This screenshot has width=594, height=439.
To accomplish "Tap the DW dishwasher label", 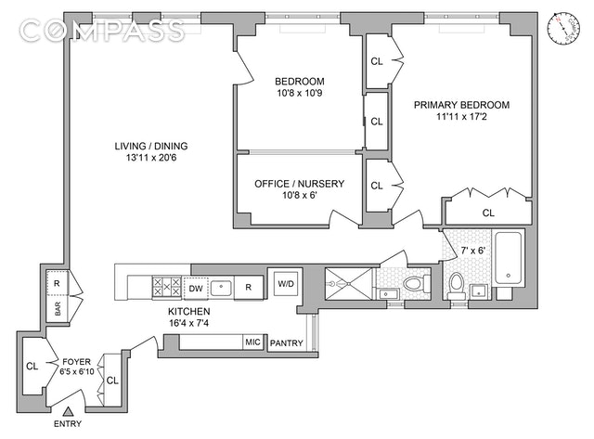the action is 195,287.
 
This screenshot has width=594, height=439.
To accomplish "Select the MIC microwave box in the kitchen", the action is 252,342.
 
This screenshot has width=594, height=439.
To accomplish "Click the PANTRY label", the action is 286,343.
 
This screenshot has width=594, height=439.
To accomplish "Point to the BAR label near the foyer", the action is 57,312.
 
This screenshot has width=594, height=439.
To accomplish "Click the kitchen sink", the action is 222,287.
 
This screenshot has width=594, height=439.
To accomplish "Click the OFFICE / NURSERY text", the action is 299,184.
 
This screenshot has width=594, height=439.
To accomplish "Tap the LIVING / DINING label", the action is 149,147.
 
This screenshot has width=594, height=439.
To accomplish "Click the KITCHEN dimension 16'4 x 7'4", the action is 188,324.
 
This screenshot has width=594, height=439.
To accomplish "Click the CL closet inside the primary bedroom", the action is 488,213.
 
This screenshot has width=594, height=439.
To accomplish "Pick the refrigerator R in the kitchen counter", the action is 249,287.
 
